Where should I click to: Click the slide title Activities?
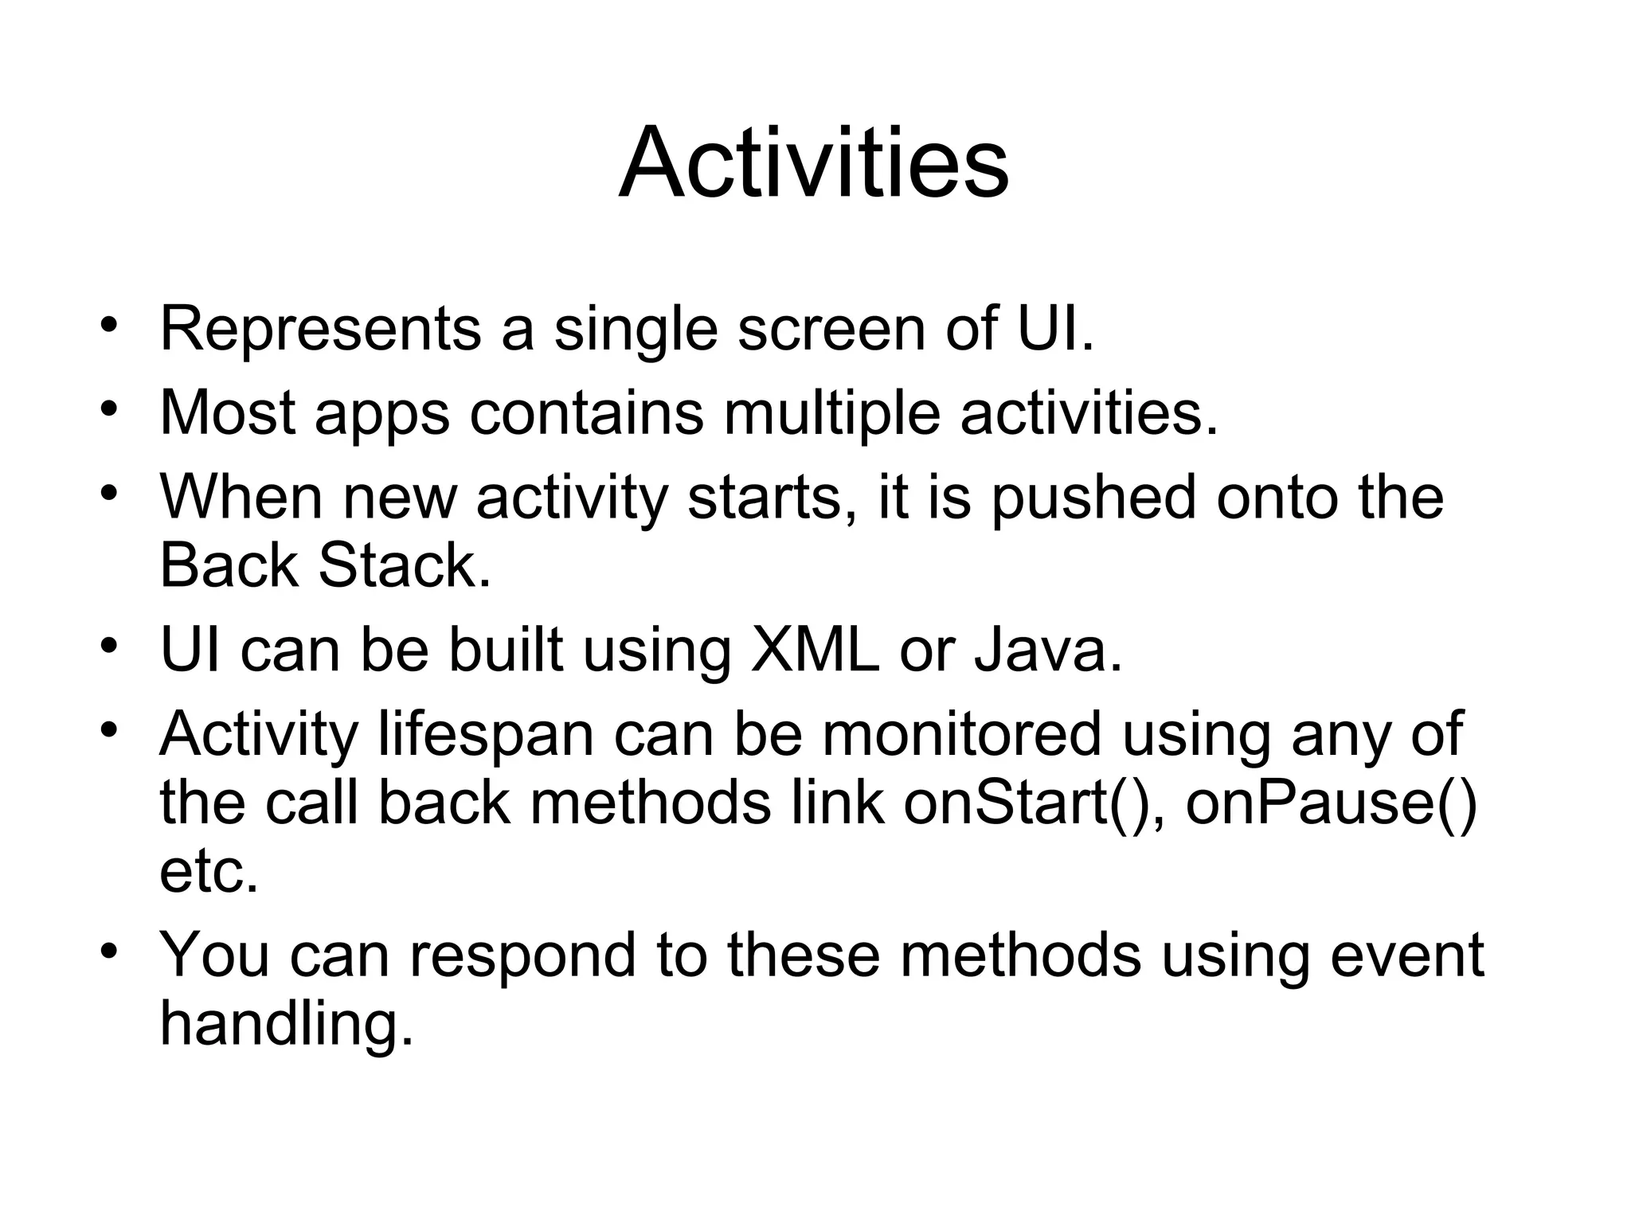pos(814,165)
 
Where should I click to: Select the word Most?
pos(228,412)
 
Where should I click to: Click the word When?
pos(241,497)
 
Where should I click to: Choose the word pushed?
pos(1093,498)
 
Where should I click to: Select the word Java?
pos(1046,650)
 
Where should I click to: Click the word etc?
pos(209,871)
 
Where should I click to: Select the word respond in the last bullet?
pos(522,955)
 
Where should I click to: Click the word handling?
pos(287,1024)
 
